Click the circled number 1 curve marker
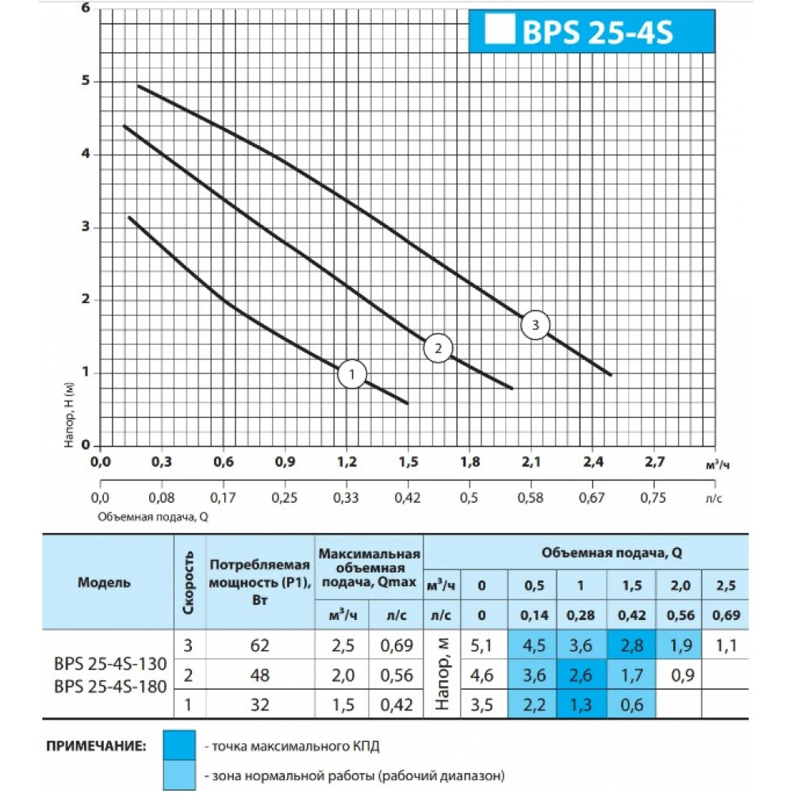(352, 374)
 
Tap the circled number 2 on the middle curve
(438, 347)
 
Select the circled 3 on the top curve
(535, 324)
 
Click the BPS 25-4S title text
(596, 33)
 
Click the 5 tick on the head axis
(86, 81)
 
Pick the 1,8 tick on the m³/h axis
(469, 462)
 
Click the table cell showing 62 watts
(259, 645)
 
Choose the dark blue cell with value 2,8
(631, 645)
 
